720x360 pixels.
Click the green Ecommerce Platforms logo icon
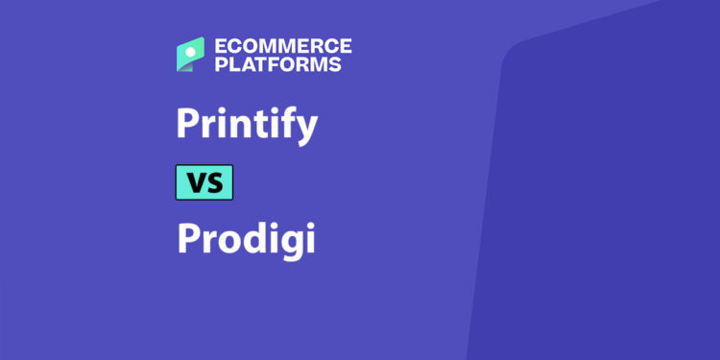tap(190, 55)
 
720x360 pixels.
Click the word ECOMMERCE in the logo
tap(282, 46)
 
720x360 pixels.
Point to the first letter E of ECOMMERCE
tap(220, 46)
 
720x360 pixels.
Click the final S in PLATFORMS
tap(334, 65)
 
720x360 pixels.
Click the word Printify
tap(247, 126)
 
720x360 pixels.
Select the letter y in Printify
tap(306, 131)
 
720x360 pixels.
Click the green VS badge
tap(204, 182)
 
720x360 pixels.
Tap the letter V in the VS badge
tap(194, 182)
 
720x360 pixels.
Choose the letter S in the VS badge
tap(215, 182)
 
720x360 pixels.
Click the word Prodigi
tap(246, 238)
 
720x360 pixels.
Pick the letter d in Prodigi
tap(252, 237)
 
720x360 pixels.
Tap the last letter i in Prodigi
tap(309, 237)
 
